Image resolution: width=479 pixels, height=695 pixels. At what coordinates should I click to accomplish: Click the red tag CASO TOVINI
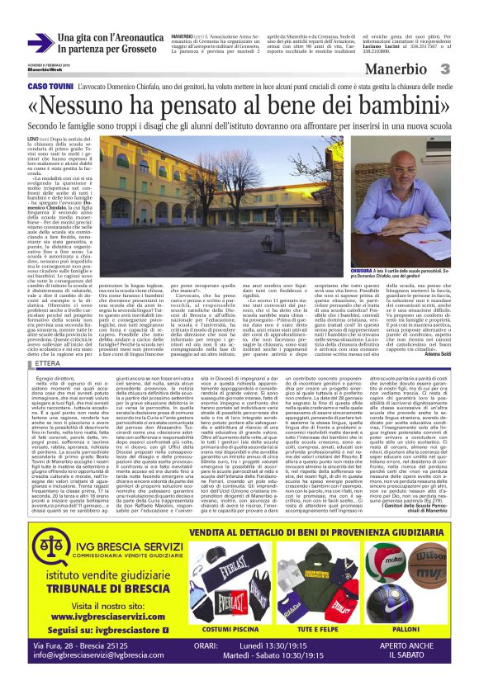(50, 87)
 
